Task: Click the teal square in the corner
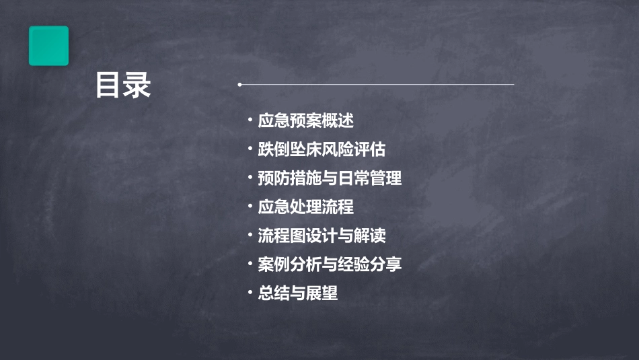coord(48,46)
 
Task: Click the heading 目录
coord(122,85)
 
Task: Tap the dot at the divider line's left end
coord(239,85)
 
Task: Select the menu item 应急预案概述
coord(305,121)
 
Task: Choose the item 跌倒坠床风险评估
coord(322,150)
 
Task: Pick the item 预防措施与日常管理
coord(330,179)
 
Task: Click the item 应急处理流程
coord(305,207)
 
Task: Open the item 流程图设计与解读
coord(322,236)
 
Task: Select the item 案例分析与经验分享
coord(330,264)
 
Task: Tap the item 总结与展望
coord(297,293)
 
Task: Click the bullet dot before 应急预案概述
coord(250,120)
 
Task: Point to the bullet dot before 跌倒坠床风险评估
coord(250,149)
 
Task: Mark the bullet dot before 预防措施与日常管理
coord(250,178)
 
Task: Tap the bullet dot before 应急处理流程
coord(250,207)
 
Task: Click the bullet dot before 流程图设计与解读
coord(250,236)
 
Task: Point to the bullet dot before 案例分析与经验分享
coord(250,264)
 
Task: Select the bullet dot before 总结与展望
coord(250,293)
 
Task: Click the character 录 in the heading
coord(137,85)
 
